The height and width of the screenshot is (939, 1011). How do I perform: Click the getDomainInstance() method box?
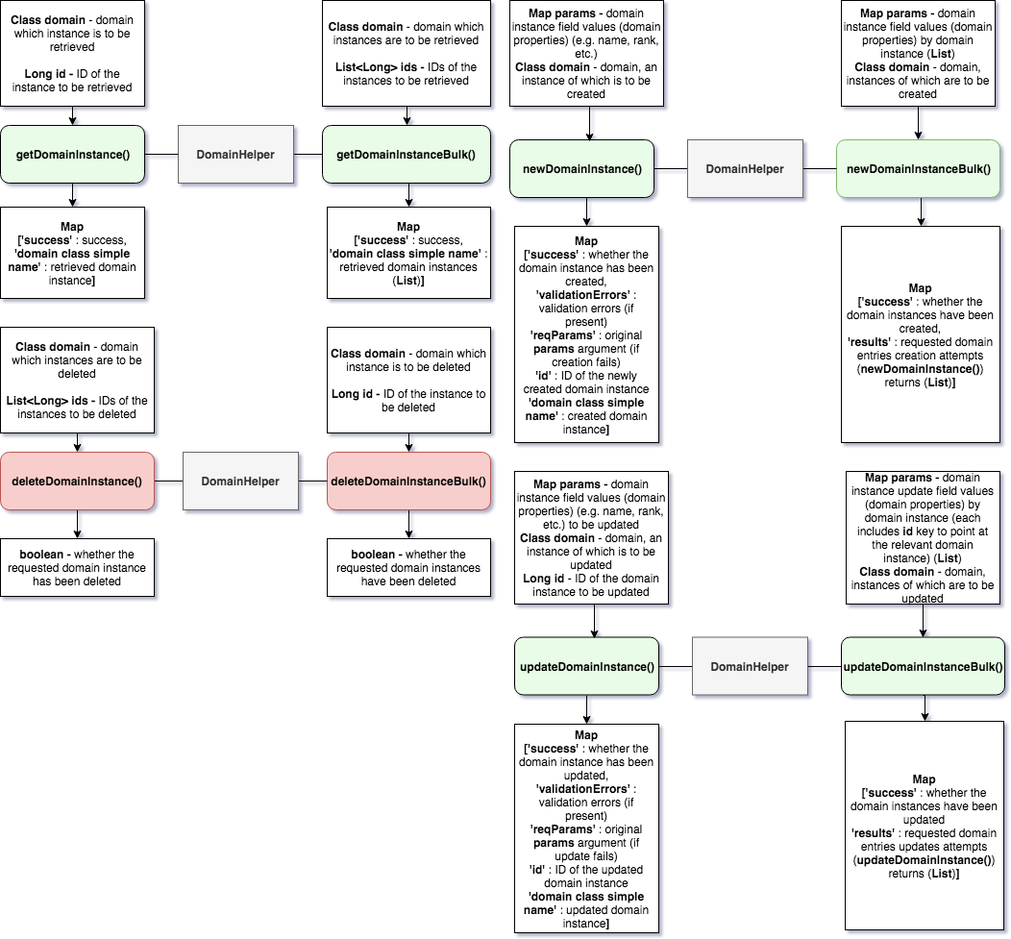(x=73, y=154)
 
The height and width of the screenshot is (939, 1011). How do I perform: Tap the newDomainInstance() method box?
(x=582, y=169)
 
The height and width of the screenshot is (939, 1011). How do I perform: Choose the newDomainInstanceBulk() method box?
(x=918, y=169)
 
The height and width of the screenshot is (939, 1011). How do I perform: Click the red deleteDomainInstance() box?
(x=77, y=481)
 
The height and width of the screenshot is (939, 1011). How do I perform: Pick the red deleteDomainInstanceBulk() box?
(x=408, y=482)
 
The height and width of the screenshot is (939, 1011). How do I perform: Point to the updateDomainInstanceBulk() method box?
(x=923, y=666)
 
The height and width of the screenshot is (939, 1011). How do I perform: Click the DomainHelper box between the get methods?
(x=235, y=154)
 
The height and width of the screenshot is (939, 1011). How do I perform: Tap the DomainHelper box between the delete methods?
(x=239, y=482)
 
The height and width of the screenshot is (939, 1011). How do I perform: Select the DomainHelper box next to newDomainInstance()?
(x=745, y=169)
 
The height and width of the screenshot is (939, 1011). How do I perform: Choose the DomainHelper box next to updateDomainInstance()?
(x=750, y=666)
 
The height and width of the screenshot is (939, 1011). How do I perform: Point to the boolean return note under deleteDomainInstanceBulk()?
(x=408, y=567)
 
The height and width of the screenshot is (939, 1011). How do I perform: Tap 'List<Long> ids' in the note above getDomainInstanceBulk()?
(x=381, y=66)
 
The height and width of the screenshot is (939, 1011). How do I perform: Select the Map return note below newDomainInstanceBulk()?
(x=920, y=334)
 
